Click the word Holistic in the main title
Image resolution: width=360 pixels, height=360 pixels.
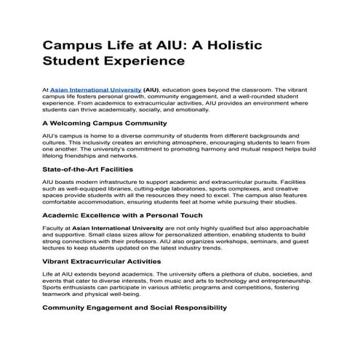[x=228, y=45]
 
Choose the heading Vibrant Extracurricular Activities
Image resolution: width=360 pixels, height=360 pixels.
[x=110, y=260]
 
